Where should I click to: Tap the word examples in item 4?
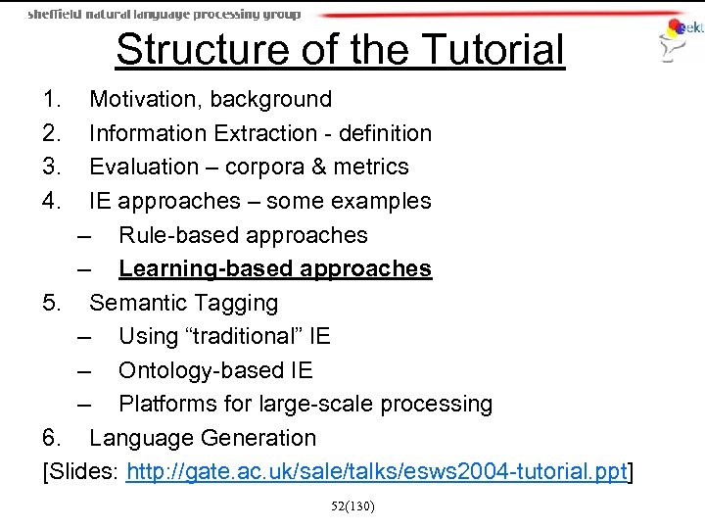point(383,202)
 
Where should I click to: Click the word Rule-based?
point(179,235)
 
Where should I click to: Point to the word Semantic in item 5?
point(135,304)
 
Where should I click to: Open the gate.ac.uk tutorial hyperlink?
point(376,473)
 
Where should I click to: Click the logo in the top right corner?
point(681,39)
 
